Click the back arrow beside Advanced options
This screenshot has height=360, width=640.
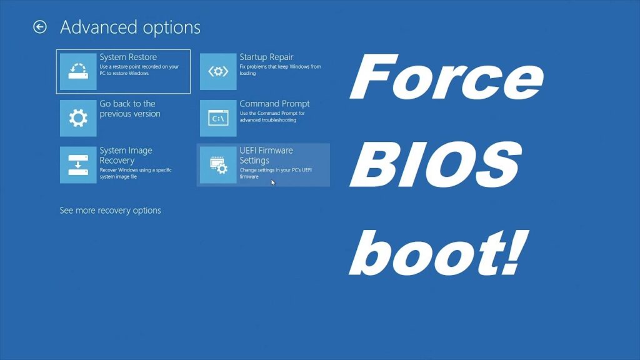tap(40, 27)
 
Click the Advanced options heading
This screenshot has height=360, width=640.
tap(130, 27)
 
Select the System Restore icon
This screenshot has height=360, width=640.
tap(78, 71)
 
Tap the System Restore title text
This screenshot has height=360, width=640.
tap(128, 57)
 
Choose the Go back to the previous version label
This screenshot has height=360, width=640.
tap(129, 109)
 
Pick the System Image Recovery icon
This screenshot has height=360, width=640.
tap(78, 165)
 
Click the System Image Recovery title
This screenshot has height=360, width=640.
tap(126, 156)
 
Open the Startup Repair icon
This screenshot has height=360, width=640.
tap(218, 71)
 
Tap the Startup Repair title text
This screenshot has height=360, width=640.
tap(266, 57)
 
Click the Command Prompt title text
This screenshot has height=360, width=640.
tap(274, 104)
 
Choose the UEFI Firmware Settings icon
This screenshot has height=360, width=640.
tap(218, 165)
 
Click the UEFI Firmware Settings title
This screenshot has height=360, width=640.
tap(266, 156)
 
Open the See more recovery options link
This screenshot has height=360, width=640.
tap(110, 211)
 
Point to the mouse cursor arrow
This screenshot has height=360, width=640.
tap(273, 182)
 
